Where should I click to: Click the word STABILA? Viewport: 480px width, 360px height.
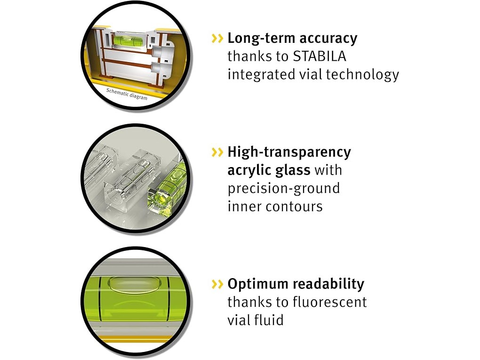tap(320, 56)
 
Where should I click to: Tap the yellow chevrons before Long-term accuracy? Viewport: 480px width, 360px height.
tap(217, 39)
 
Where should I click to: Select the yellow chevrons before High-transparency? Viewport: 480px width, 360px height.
tap(217, 152)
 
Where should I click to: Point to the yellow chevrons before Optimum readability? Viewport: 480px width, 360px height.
tap(217, 284)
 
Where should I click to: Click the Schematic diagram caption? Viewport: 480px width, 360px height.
tap(127, 94)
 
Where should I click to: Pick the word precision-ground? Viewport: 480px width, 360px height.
tap(284, 189)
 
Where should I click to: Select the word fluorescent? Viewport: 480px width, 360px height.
tap(330, 302)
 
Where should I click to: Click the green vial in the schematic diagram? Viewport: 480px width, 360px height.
tap(126, 40)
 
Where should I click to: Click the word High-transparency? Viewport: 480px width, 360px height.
tap(289, 152)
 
